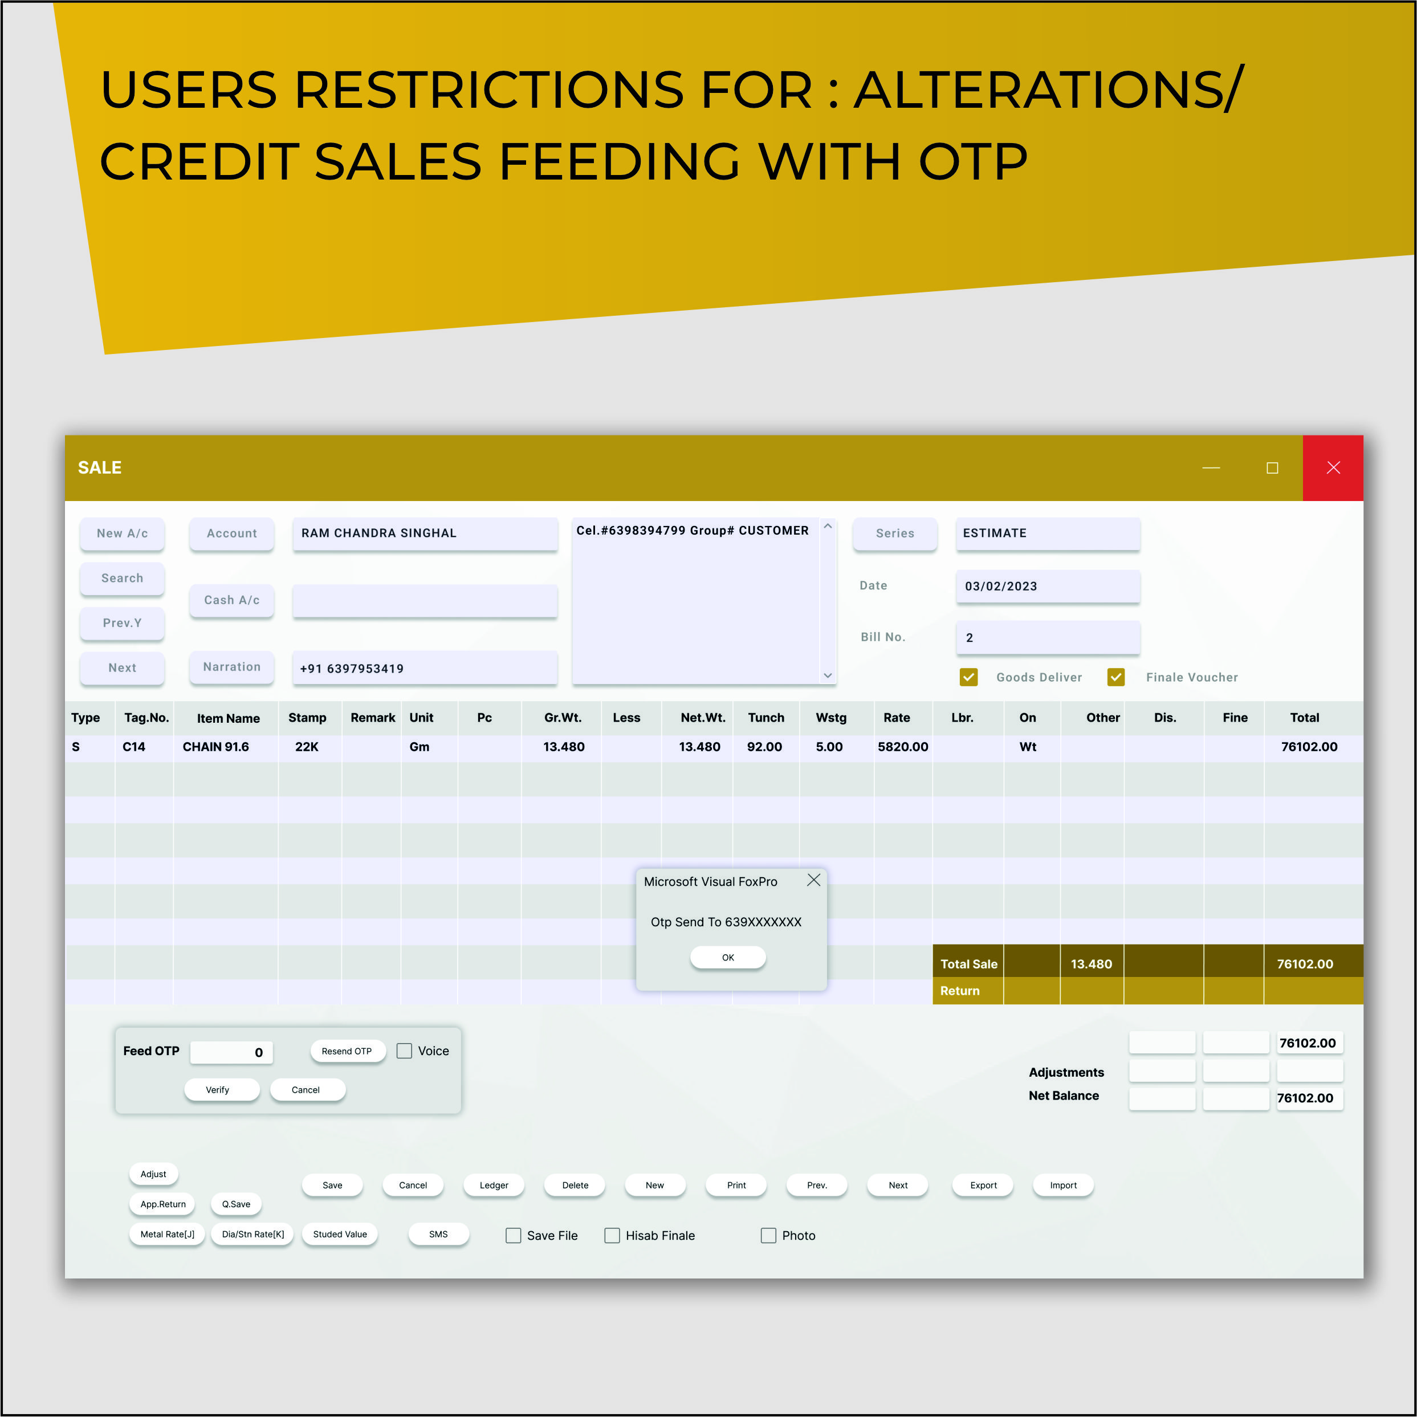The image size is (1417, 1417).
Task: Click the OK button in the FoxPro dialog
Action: click(x=727, y=957)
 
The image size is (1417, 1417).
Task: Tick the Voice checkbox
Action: click(x=404, y=1051)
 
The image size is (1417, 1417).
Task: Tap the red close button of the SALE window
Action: click(x=1333, y=468)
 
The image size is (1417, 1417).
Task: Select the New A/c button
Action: click(x=122, y=533)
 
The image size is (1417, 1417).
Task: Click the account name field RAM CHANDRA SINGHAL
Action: click(x=425, y=533)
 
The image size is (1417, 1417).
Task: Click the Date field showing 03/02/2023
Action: click(x=1047, y=586)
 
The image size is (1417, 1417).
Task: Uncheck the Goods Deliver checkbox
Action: click(x=968, y=677)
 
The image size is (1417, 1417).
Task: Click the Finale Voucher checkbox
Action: click(x=1115, y=677)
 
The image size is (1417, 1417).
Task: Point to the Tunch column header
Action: click(x=765, y=717)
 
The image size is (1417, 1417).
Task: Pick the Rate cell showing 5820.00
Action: click(x=903, y=747)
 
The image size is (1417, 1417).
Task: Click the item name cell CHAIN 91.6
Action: click(x=215, y=747)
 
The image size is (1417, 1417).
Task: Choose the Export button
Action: click(x=983, y=1185)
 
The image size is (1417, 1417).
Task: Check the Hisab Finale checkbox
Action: click(x=612, y=1236)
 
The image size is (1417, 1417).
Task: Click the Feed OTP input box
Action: click(x=231, y=1052)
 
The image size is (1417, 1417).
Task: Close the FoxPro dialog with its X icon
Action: click(x=813, y=880)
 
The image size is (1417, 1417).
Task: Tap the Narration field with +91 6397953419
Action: click(x=425, y=668)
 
